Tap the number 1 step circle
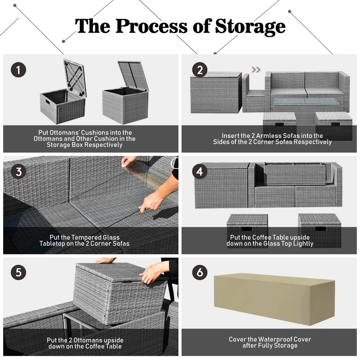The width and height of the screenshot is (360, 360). point(18,70)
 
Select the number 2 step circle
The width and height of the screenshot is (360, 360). point(200,70)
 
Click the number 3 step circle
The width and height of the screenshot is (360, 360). point(18,172)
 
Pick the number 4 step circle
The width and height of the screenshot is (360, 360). point(200,172)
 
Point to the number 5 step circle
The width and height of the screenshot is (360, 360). point(18,272)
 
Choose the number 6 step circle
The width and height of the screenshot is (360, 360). point(200,272)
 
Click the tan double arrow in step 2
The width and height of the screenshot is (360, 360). point(256,69)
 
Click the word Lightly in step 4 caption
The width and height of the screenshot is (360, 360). point(303,244)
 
